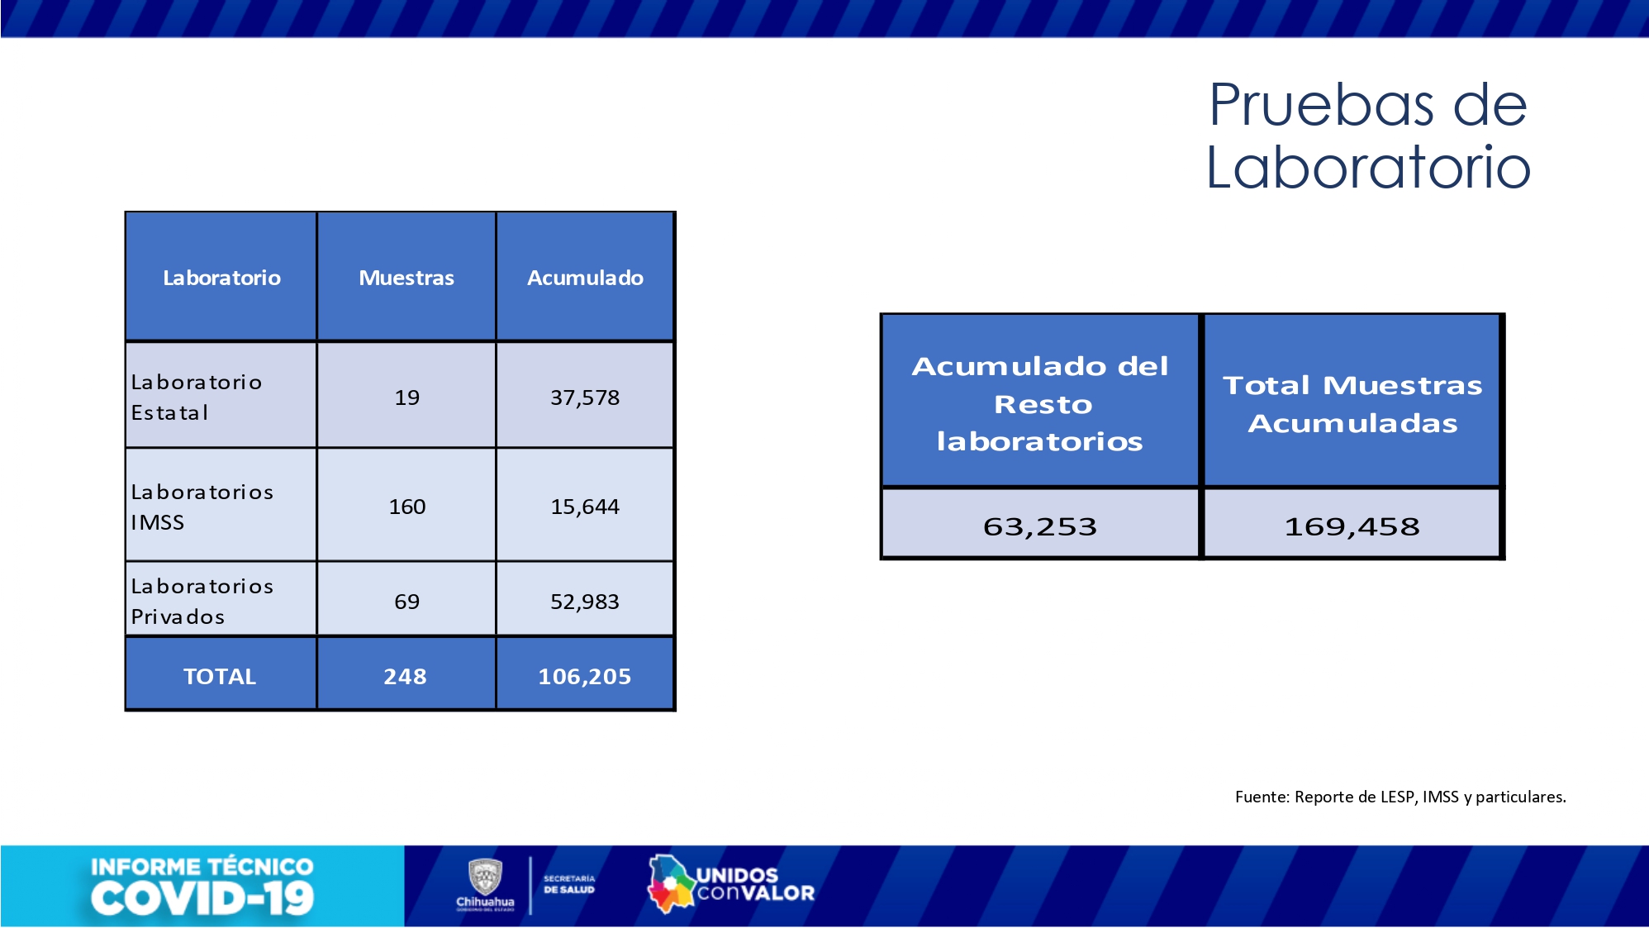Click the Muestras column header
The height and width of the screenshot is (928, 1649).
click(x=406, y=278)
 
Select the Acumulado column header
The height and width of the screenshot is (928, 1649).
click(x=585, y=278)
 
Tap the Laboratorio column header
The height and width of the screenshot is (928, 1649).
click(x=221, y=278)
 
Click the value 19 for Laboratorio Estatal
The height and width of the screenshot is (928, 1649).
click(x=406, y=397)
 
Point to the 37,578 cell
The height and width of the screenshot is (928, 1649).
click(x=585, y=397)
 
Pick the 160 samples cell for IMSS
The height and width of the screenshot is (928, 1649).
click(x=406, y=507)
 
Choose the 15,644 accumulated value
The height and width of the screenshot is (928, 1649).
click(x=585, y=507)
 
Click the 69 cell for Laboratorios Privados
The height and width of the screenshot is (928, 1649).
click(x=406, y=602)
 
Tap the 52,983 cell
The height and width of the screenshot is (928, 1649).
click(x=585, y=602)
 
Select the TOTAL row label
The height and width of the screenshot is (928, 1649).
click(x=220, y=677)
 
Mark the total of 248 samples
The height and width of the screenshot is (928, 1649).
click(x=405, y=677)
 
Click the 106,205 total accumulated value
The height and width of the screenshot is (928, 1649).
click(x=584, y=677)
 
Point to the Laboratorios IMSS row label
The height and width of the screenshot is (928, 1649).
click(x=202, y=507)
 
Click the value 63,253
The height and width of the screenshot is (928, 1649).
click(x=1039, y=526)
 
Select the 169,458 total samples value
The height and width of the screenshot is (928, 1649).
click(x=1352, y=526)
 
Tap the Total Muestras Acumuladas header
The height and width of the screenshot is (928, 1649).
click(x=1352, y=403)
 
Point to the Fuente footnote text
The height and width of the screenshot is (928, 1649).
click(x=1400, y=797)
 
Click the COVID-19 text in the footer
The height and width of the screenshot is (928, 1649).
click(x=202, y=899)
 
